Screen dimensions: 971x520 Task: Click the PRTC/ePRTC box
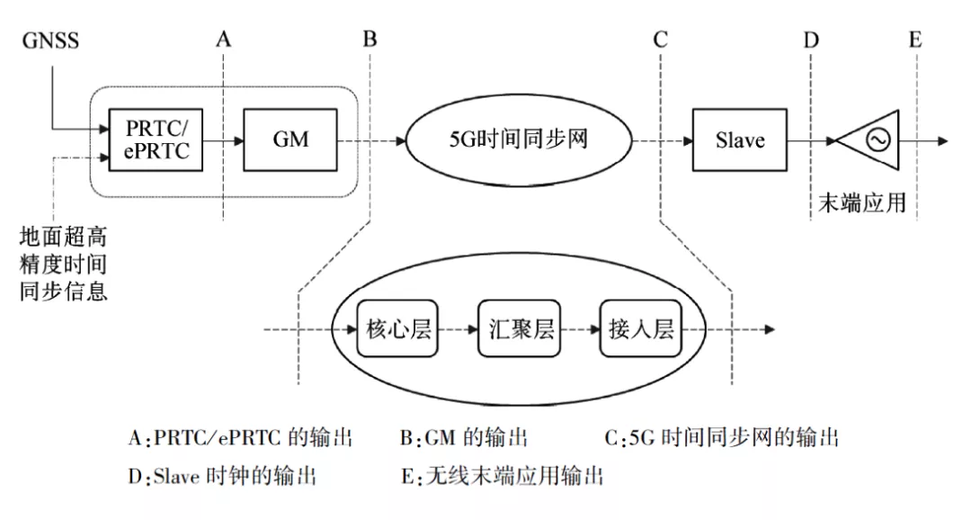point(156,139)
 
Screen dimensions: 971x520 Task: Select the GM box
point(290,139)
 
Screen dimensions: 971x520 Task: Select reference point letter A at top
point(224,39)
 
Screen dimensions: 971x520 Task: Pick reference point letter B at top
point(370,39)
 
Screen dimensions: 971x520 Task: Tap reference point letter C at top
point(661,39)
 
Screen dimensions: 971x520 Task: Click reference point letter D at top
point(811,39)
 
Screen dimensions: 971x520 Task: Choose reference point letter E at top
point(914,39)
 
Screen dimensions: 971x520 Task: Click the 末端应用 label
point(861,203)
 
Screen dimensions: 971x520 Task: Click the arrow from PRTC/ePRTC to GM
point(224,140)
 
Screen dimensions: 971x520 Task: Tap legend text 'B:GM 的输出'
point(464,438)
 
